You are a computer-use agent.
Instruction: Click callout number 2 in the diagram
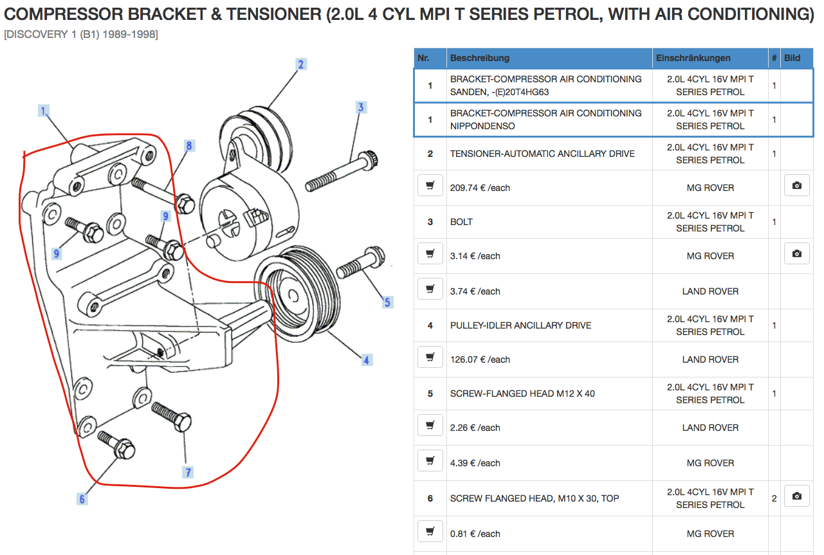[x=300, y=64]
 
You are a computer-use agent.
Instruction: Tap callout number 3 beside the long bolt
[x=361, y=107]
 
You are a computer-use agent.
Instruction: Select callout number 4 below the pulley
[x=366, y=360]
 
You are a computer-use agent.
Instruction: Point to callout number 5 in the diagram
[x=387, y=302]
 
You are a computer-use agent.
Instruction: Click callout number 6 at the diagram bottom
[x=82, y=498]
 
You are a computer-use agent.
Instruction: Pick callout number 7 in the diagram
[x=188, y=473]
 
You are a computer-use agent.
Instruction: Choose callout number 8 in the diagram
[x=189, y=146]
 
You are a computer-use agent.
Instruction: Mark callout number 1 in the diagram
[x=44, y=111]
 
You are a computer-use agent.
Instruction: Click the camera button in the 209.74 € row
[x=796, y=186]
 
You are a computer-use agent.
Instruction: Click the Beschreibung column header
[x=479, y=58]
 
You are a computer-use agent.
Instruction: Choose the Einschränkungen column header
[x=693, y=58]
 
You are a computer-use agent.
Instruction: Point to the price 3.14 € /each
[x=475, y=256]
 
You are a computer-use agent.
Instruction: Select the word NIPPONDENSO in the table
[x=482, y=126]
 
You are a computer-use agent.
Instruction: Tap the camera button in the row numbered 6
[x=796, y=496]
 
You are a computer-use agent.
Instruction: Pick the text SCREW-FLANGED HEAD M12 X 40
[x=522, y=394]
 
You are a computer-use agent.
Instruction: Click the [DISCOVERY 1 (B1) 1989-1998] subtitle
[x=81, y=34]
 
